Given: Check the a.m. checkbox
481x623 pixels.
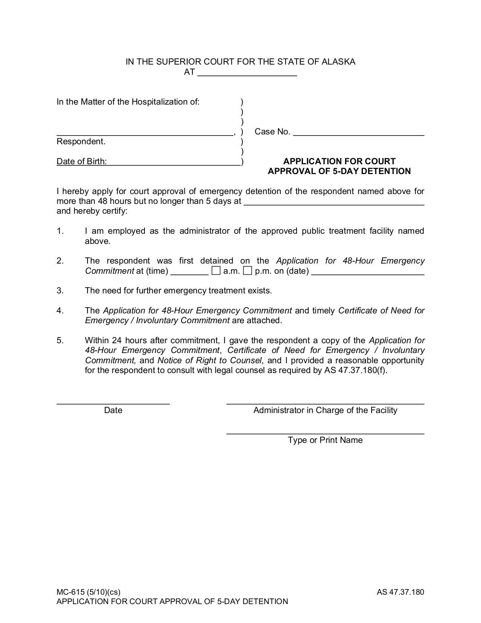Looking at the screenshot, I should [x=216, y=271].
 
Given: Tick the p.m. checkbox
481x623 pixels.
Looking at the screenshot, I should [x=247, y=271].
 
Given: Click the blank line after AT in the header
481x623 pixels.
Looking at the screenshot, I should [x=247, y=73].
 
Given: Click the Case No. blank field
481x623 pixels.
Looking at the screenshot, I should [x=358, y=132].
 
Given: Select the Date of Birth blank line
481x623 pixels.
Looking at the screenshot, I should [x=174, y=162].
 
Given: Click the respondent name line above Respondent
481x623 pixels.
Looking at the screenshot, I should [x=144, y=132].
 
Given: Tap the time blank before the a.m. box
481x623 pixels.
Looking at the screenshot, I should [x=189, y=272].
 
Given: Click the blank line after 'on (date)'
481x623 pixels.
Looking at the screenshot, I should [x=368, y=272].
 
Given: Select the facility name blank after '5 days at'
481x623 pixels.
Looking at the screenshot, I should [x=334, y=202].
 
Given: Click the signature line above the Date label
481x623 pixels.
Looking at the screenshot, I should [x=113, y=402].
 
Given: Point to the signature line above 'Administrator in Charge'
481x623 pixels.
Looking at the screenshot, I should [x=325, y=402].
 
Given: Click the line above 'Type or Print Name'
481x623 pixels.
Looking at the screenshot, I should [x=325, y=432].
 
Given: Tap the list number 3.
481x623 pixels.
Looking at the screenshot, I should [x=60, y=291].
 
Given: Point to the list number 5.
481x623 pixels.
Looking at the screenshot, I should [x=60, y=341].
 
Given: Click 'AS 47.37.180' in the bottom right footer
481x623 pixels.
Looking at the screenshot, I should [x=400, y=592].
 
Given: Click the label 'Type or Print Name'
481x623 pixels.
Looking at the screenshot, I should [x=325, y=440].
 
